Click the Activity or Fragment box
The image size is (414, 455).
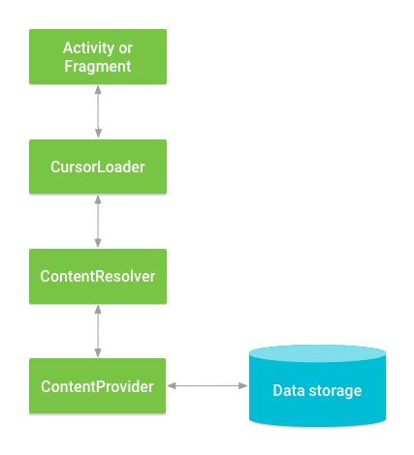(x=97, y=56)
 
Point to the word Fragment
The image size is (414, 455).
(x=97, y=67)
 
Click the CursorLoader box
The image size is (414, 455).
(x=97, y=167)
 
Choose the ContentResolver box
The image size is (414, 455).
(x=97, y=276)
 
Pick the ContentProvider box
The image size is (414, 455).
(x=97, y=386)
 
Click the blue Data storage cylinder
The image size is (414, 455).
(x=317, y=397)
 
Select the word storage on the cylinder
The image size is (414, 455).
(x=334, y=391)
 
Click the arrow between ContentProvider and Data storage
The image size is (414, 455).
(x=207, y=386)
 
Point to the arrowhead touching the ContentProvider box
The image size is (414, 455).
(x=171, y=386)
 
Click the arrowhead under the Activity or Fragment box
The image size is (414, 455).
(x=97, y=89)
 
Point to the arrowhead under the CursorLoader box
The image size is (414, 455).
(x=97, y=198)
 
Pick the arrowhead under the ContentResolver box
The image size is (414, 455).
(x=97, y=308)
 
